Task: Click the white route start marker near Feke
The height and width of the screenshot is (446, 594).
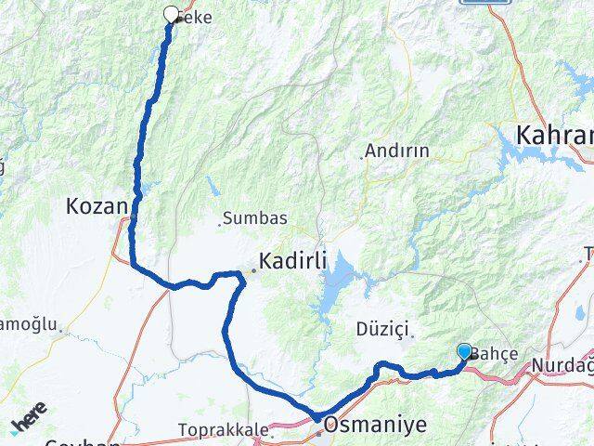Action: pos(171,14)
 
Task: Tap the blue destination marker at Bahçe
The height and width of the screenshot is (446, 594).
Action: pos(464,351)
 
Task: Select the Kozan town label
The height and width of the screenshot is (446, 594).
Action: pos(96,205)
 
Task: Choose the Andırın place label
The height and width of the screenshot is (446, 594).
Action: pos(397,150)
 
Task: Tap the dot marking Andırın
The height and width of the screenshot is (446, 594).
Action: pos(361,157)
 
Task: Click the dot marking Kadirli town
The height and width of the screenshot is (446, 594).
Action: pos(252,270)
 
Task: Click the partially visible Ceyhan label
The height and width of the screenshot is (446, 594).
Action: pos(84,442)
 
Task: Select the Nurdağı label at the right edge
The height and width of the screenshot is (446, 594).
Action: pos(562,366)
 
